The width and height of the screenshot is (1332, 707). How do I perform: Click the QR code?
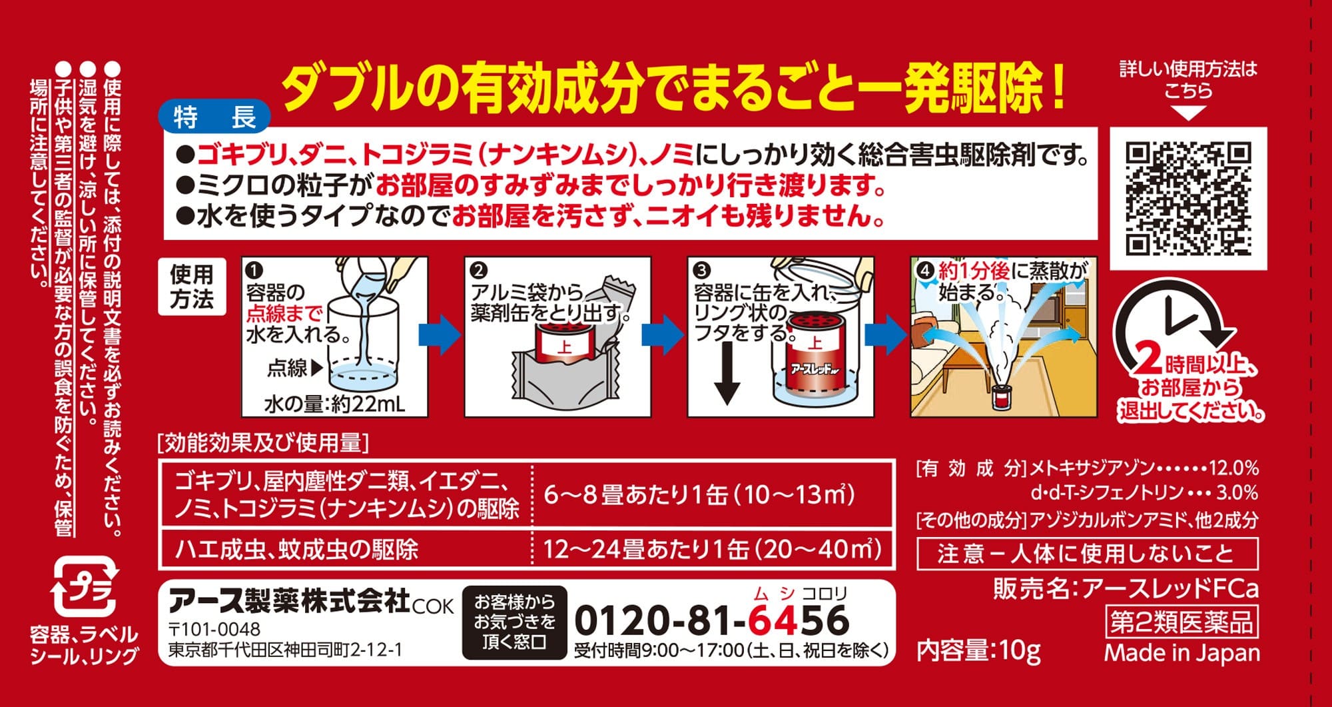click(1188, 199)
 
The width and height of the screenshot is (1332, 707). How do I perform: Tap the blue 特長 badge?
click(214, 118)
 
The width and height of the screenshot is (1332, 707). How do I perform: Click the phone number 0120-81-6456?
click(711, 620)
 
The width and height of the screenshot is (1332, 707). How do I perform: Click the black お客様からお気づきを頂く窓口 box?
click(514, 622)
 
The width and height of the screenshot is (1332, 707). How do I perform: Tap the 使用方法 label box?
click(192, 287)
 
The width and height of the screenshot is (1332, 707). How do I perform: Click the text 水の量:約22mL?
click(335, 404)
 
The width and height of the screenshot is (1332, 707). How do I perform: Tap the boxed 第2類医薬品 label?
click(1181, 622)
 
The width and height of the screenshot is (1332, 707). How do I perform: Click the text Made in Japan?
click(1182, 653)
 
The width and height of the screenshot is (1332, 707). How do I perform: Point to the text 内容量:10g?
click(978, 650)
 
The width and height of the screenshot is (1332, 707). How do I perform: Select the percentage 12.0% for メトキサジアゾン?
click(1234, 468)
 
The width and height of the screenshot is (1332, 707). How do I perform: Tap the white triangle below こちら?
click(1188, 113)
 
